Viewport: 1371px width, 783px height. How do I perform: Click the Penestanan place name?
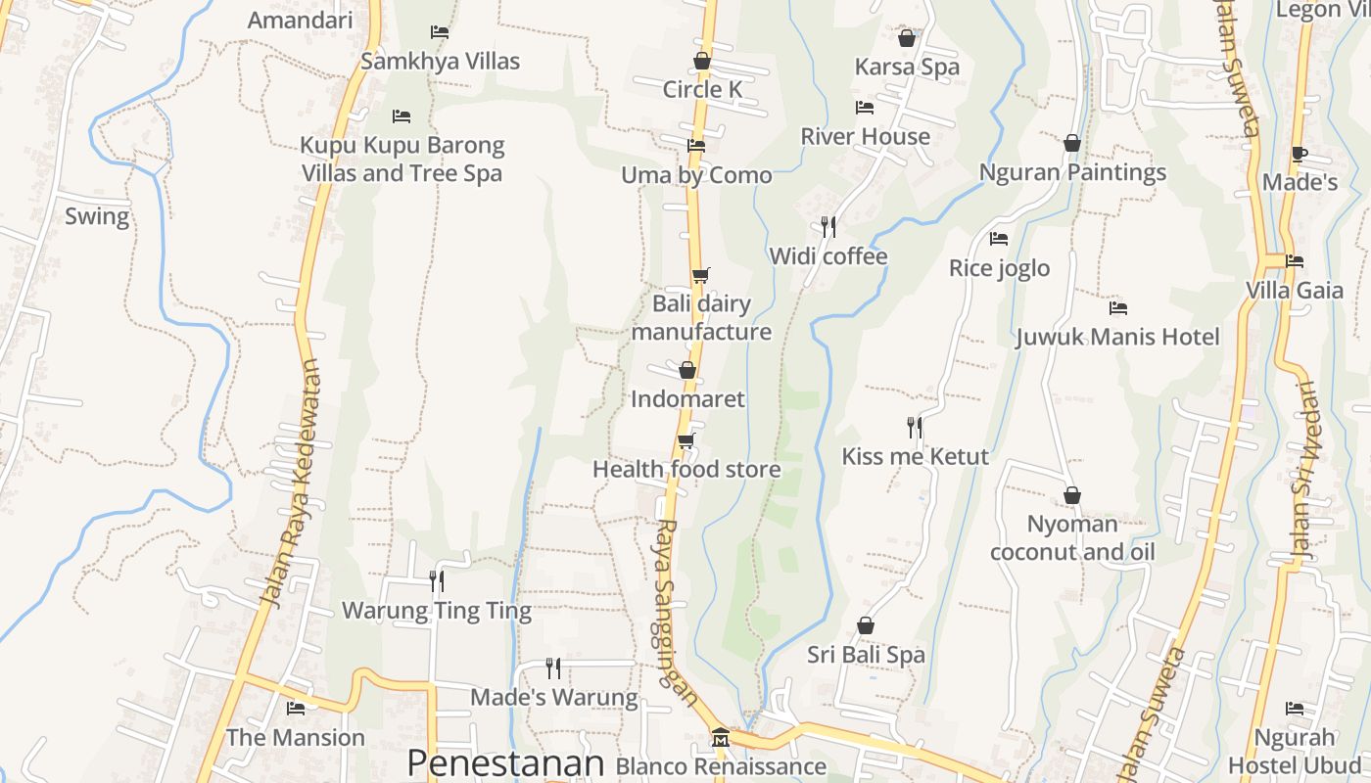504,763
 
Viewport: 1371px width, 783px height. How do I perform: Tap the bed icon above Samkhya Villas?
440,32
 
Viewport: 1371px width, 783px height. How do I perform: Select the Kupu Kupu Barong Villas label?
402,160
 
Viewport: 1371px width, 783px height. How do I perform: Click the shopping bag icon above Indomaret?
687,370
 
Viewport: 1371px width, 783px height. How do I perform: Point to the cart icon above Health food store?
686,440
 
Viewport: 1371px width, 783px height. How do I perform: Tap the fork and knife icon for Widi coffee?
828,227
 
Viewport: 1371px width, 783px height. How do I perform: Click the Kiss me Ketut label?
916,456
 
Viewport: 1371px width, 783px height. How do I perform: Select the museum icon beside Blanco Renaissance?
721,737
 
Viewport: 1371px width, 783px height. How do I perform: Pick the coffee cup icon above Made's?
1299,154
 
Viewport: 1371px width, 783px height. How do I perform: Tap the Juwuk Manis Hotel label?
1117,338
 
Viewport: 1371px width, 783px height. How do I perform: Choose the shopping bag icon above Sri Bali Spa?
866,625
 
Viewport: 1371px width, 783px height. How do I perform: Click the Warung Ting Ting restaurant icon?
437,581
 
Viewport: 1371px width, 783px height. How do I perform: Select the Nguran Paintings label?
1072,172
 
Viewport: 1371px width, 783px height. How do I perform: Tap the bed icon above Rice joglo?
999,239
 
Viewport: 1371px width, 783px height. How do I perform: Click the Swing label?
97,216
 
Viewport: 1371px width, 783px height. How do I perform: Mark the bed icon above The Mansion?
296,709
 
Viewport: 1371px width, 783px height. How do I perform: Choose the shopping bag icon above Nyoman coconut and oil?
1072,496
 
